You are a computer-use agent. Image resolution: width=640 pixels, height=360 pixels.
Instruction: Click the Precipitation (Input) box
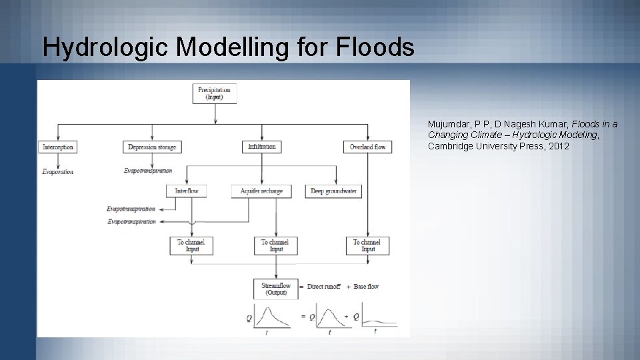pyautogui.click(x=214, y=93)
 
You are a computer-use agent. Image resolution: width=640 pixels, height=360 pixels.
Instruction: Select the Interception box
pyautogui.click(x=58, y=147)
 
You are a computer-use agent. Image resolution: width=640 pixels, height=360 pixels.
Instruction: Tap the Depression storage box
pyautogui.click(x=151, y=147)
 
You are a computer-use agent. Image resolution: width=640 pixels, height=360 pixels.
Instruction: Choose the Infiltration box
pyautogui.click(x=261, y=147)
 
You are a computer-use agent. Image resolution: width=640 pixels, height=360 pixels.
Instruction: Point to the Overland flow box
pyautogui.click(x=367, y=147)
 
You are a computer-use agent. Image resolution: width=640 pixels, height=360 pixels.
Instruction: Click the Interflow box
pyautogui.click(x=187, y=191)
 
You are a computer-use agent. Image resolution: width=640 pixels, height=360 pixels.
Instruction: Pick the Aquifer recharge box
pyautogui.click(x=261, y=191)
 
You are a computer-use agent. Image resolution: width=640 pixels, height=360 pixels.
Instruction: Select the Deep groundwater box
pyautogui.click(x=333, y=191)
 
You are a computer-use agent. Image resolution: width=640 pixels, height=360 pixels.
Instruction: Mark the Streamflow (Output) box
pyautogui.click(x=275, y=289)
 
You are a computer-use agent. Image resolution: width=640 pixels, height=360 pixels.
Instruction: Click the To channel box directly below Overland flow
pyautogui.click(x=367, y=245)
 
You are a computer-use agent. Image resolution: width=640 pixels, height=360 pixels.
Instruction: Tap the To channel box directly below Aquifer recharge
pyautogui.click(x=275, y=245)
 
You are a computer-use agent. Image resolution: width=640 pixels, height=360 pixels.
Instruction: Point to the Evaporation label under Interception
pyautogui.click(x=58, y=172)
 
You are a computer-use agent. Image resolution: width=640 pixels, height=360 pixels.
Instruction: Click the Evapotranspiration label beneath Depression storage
pyautogui.click(x=148, y=171)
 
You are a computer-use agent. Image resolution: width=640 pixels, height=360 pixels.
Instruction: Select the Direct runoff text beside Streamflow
pyautogui.click(x=325, y=287)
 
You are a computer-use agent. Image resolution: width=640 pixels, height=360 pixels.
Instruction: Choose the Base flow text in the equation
pyautogui.click(x=366, y=287)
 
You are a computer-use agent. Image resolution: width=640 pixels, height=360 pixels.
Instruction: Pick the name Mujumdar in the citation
pyautogui.click(x=449, y=125)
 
